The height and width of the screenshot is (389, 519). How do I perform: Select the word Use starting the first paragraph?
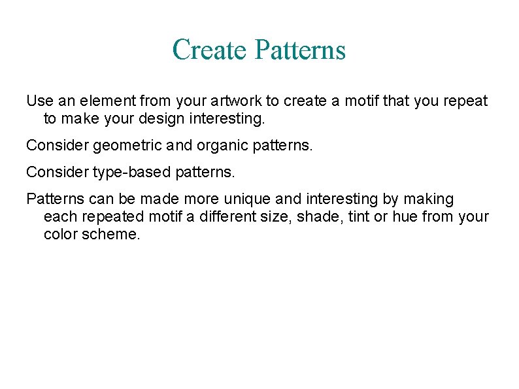coord(38,101)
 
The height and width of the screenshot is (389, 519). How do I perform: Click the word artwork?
coord(236,101)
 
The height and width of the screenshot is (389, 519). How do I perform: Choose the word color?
coord(60,234)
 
